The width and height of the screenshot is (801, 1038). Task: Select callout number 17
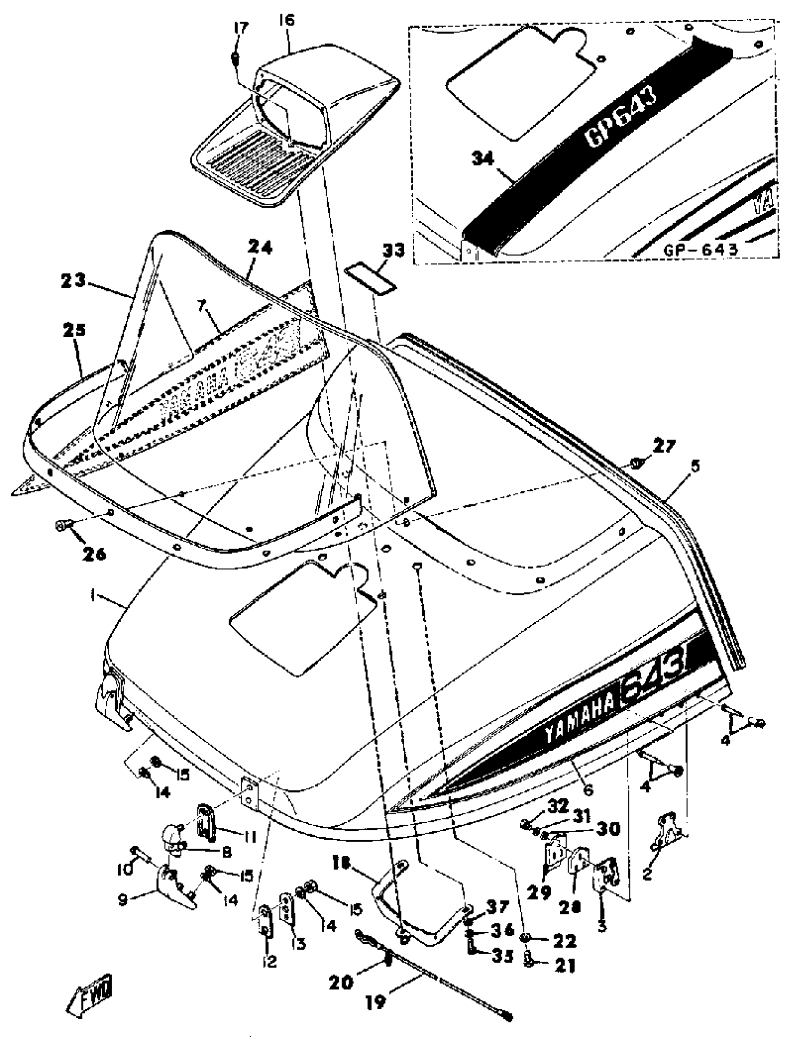coord(241,28)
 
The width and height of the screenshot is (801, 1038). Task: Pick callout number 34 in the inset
coord(484,158)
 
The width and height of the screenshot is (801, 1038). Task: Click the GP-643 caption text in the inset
coord(701,249)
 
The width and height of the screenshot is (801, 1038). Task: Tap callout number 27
coord(663,446)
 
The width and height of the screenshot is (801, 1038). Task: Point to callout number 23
coord(73,281)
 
